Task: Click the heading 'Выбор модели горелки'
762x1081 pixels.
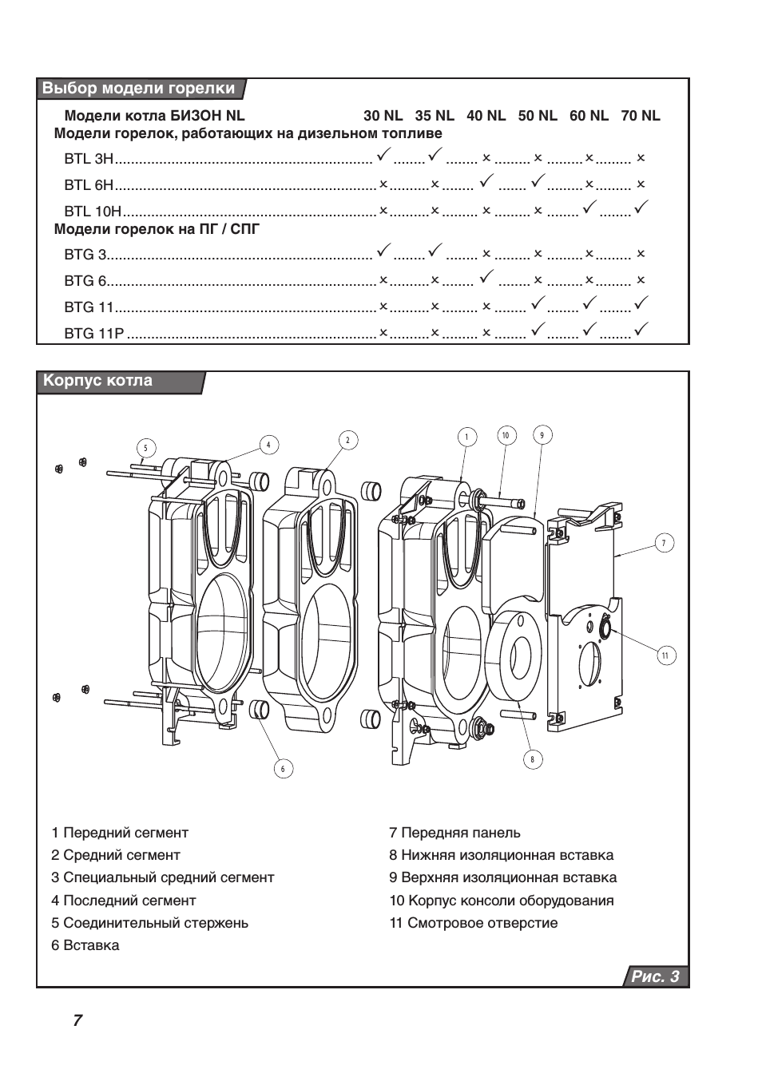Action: (x=139, y=89)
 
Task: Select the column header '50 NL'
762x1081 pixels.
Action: (x=538, y=116)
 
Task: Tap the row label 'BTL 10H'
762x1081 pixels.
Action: (x=93, y=212)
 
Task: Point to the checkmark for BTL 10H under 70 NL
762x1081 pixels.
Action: (x=641, y=208)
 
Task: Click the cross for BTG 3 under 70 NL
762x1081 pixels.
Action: (x=641, y=255)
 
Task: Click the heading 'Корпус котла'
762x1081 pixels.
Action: (x=97, y=381)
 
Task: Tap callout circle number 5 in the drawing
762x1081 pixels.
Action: (x=145, y=448)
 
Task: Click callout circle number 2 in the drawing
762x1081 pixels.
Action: (x=347, y=440)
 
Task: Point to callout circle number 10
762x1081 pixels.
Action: (x=506, y=435)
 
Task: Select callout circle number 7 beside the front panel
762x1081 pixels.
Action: (x=663, y=543)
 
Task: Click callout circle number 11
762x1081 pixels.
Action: (x=665, y=656)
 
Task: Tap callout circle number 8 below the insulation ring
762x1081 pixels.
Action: (x=532, y=758)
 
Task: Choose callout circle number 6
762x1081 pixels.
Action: (x=282, y=769)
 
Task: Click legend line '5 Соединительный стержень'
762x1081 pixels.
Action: (x=150, y=923)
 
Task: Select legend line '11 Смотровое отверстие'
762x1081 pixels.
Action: (x=474, y=923)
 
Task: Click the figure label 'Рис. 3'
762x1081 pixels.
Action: (x=655, y=976)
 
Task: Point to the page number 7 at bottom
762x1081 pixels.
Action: (x=77, y=1020)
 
